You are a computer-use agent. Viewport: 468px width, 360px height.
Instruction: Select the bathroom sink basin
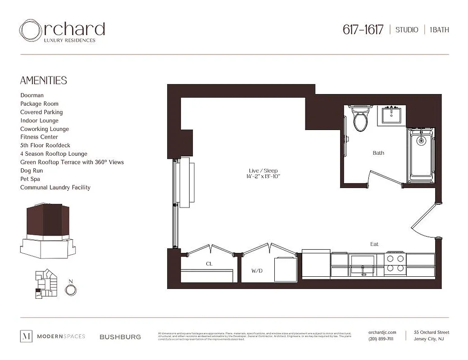tap(392, 116)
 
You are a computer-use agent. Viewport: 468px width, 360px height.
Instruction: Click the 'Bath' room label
tap(378, 153)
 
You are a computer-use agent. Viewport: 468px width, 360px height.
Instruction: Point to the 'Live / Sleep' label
tap(263, 171)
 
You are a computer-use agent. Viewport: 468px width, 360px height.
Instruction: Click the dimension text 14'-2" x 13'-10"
tap(263, 177)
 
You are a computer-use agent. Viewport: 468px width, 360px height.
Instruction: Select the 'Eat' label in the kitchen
tap(374, 244)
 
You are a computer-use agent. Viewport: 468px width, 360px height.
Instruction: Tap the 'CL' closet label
tap(209, 264)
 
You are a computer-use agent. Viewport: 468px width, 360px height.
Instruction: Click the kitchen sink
tap(363, 264)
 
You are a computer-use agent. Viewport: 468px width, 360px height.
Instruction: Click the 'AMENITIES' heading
tap(44, 81)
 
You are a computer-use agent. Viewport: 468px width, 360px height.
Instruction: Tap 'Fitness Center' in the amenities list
tap(39, 137)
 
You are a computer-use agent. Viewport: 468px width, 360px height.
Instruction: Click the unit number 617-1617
tap(363, 30)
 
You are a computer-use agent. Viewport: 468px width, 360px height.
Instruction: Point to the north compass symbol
tap(71, 290)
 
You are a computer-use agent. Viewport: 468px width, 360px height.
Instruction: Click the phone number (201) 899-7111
tap(381, 339)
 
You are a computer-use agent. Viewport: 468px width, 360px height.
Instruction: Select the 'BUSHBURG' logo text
tap(120, 337)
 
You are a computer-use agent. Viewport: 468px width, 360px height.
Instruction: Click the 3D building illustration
tap(46, 229)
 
